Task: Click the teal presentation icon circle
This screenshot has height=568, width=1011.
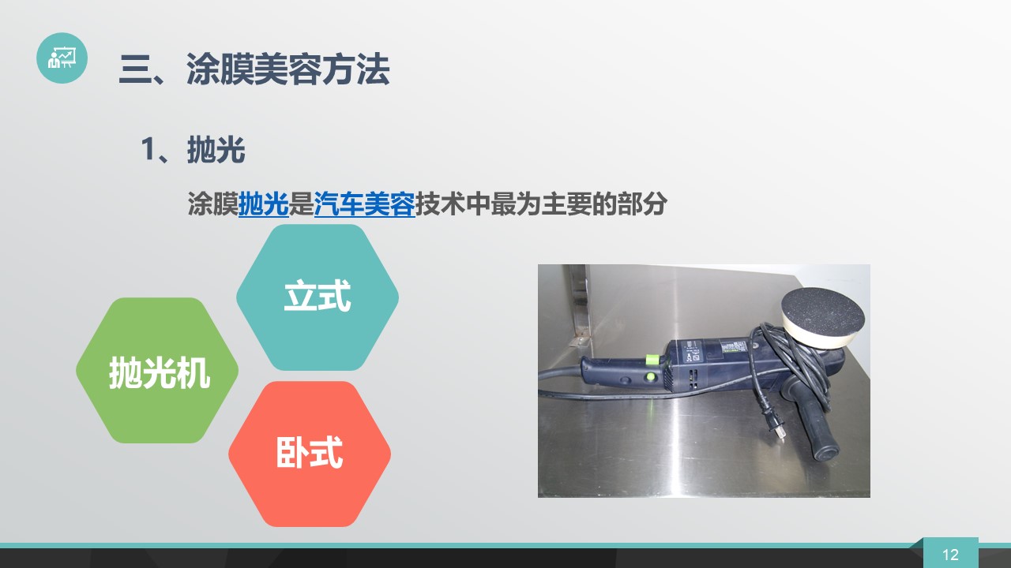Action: click(62, 58)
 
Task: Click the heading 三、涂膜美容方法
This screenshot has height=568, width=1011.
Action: click(254, 69)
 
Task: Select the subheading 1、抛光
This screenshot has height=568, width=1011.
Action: click(194, 149)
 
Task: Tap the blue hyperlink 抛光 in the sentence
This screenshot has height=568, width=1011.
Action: click(264, 204)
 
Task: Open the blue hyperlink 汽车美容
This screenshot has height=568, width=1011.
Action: click(364, 204)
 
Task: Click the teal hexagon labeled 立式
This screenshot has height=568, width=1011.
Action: click(318, 297)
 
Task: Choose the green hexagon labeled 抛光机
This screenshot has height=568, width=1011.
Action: click(157, 370)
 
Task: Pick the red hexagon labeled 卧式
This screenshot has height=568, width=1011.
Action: click(310, 454)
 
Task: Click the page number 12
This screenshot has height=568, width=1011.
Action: click(950, 555)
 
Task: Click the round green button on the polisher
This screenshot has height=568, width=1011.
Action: click(651, 376)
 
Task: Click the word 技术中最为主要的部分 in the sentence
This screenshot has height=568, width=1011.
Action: click(541, 204)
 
